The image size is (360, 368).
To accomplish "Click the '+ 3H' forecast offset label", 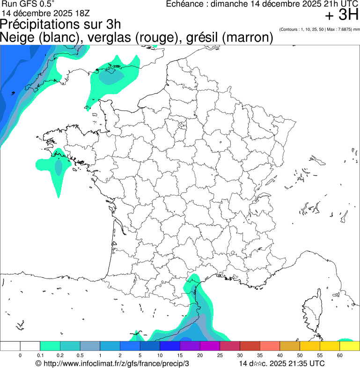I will [342, 15].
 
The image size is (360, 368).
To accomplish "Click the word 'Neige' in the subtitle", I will [18, 37].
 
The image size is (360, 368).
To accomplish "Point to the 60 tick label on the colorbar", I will [340, 356].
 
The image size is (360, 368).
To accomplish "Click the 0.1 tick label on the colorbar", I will [40, 356].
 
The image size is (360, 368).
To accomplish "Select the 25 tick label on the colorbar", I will [220, 356].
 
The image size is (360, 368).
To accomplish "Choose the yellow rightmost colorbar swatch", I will [350, 346].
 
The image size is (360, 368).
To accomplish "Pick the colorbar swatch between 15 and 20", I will [190, 346].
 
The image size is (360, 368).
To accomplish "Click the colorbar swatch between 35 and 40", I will [270, 346].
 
